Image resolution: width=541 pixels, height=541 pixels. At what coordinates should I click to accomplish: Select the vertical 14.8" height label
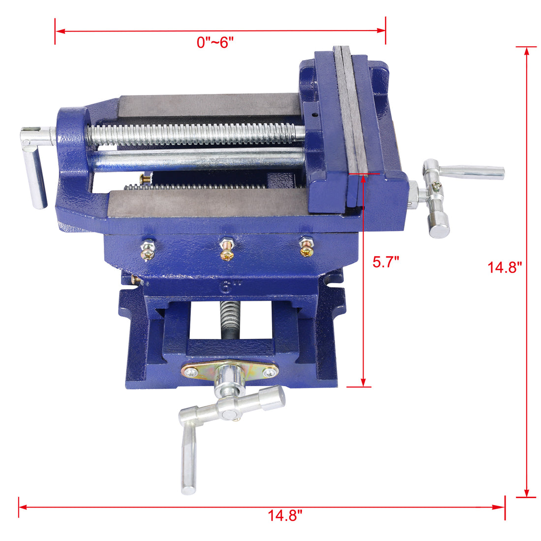504,268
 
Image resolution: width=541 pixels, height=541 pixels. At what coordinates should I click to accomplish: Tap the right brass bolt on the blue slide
306,247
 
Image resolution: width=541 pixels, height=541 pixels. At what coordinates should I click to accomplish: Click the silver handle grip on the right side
472,172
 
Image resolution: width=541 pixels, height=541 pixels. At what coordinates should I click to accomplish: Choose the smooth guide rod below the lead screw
197,160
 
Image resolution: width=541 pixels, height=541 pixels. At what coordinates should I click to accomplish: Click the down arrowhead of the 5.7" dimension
363,382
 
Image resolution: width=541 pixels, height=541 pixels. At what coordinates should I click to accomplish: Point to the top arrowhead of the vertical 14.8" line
527,51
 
